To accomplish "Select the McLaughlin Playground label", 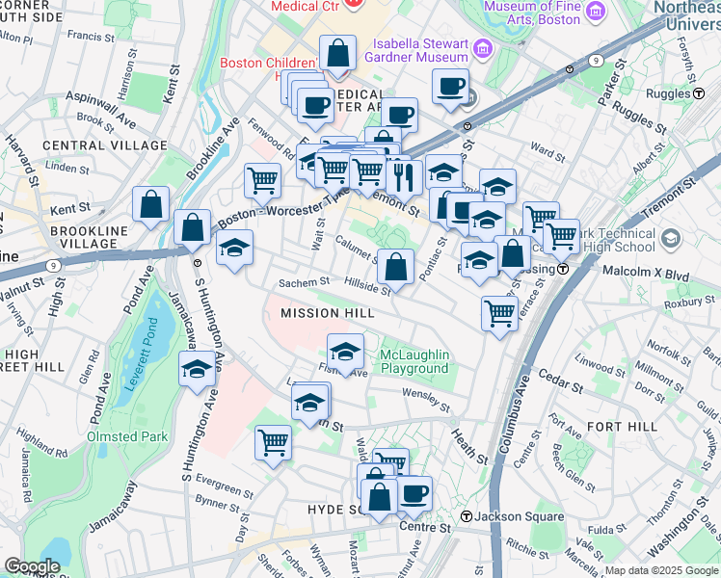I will click(414, 361).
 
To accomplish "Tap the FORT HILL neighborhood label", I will click(621, 426).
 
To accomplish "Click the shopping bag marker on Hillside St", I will click(395, 266).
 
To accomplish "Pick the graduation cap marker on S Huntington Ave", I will click(198, 369).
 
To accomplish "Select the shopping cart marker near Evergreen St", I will click(274, 443).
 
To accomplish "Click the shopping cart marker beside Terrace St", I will click(499, 312).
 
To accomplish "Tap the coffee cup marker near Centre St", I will click(414, 494).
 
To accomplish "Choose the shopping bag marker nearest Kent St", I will click(151, 203).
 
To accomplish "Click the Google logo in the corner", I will click(32, 566).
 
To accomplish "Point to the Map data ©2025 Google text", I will click(661, 570).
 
